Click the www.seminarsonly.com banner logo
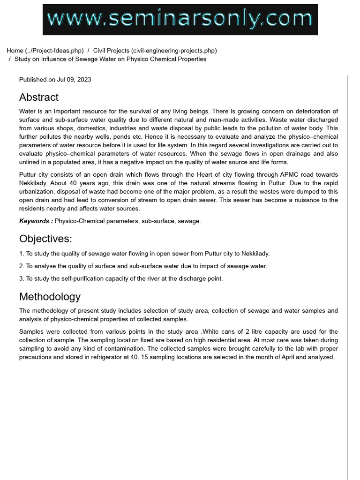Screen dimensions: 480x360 click(180, 20)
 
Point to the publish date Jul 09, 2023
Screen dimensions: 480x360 click(74, 80)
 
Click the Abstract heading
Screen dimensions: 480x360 click(39, 97)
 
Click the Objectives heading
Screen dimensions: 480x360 click(45, 239)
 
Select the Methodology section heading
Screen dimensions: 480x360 click(50, 297)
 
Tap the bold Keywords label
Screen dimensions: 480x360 click(36, 221)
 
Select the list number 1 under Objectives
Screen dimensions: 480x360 click(21, 254)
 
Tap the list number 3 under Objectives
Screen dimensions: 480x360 click(21, 278)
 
